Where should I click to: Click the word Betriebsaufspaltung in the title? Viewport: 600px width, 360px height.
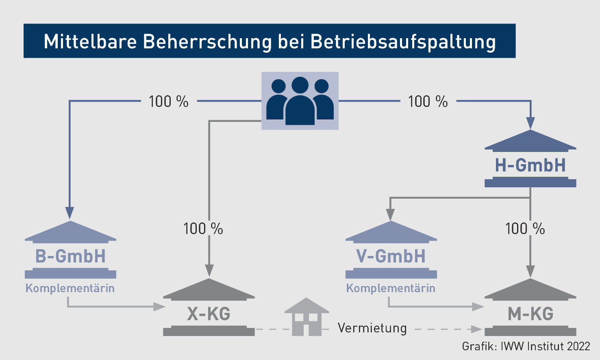[403, 42]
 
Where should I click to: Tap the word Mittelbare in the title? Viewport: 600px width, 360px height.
[90, 41]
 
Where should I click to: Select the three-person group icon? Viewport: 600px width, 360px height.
[300, 101]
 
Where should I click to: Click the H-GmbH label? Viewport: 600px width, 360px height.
[530, 165]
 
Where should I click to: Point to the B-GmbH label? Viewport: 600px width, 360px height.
[70, 256]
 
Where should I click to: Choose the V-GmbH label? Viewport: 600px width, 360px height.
[391, 256]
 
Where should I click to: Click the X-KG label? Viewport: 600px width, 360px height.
[209, 314]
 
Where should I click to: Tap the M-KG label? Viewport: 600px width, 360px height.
[530, 314]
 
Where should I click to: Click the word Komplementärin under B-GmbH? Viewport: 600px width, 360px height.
[70, 288]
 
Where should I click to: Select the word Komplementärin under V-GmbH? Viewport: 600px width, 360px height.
[391, 288]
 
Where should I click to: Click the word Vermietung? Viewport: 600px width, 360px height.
[372, 328]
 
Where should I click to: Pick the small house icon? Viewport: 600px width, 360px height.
[307, 317]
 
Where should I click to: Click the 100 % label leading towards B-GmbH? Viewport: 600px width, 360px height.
[168, 102]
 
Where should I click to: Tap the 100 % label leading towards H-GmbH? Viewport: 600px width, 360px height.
[428, 102]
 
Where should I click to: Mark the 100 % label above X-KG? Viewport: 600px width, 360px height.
[203, 229]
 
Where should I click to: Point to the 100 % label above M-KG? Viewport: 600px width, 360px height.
[525, 229]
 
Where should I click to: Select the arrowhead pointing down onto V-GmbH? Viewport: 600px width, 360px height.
[390, 214]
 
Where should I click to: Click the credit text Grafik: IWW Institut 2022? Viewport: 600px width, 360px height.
[526, 346]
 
